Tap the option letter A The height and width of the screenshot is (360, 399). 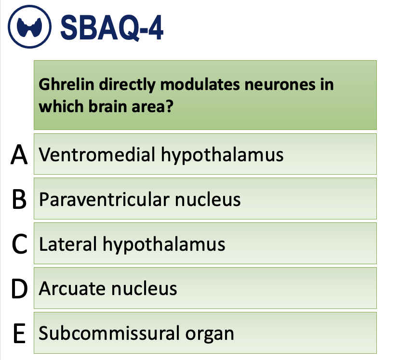18,154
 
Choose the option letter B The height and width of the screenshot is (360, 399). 18,199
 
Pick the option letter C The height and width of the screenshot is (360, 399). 18,244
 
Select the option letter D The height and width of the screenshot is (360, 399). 18,289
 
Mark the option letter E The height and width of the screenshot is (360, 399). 18,334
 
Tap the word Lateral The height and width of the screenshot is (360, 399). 67,244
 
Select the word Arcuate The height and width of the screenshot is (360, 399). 72,289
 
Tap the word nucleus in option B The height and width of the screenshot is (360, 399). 208,199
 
